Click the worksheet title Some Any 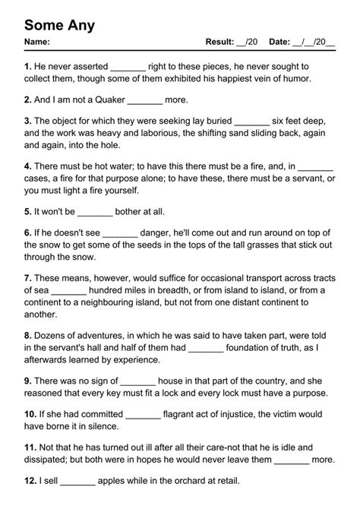pyautogui.click(x=59, y=26)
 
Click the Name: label pyautogui.click(x=38, y=43)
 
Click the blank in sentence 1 pyautogui.click(x=128, y=68)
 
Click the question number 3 pyautogui.click(x=27, y=121)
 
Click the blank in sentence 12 pyautogui.click(x=77, y=481)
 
